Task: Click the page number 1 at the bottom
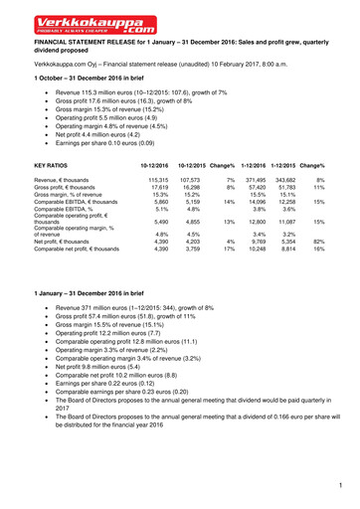coord(339,484)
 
